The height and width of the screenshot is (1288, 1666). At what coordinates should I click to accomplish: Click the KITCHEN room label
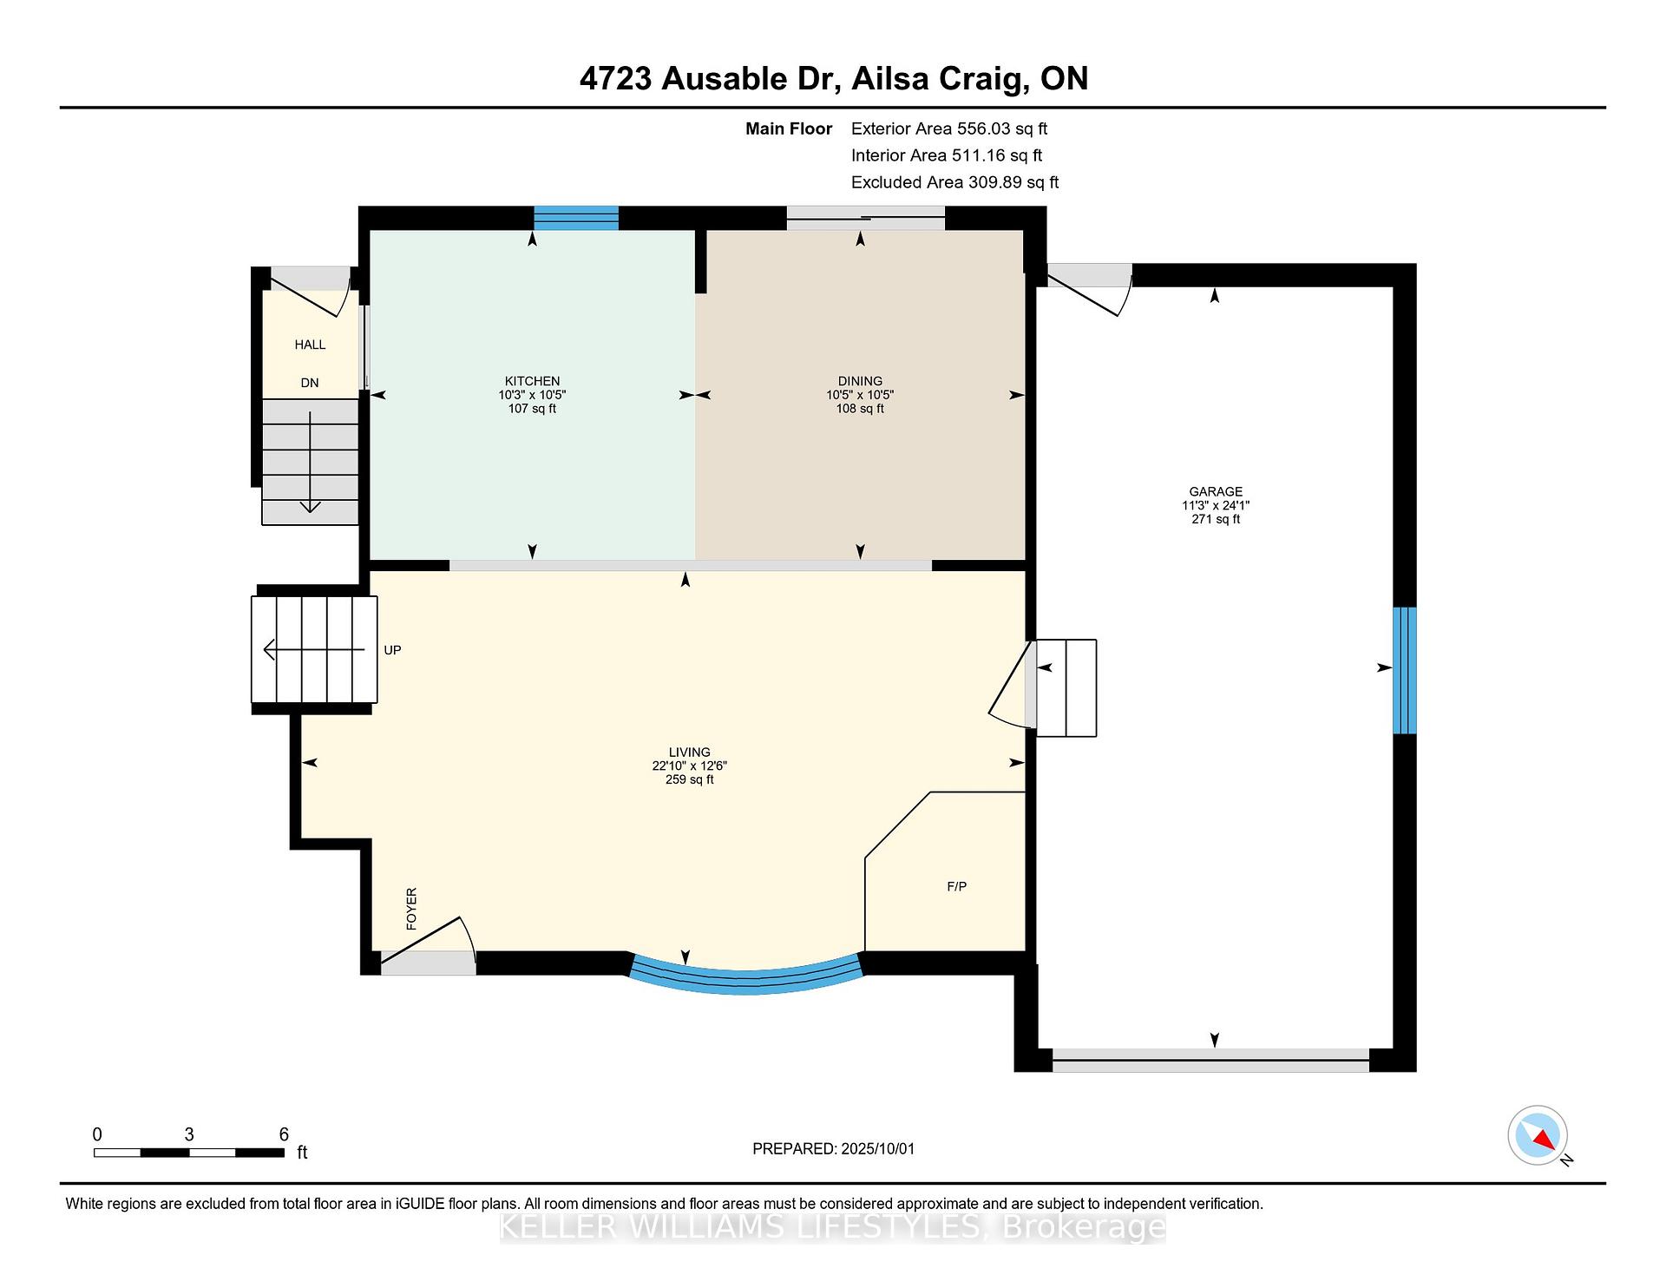click(x=532, y=381)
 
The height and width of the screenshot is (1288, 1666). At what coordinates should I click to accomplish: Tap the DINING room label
click(x=860, y=381)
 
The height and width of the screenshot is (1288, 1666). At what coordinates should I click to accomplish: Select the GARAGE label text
click(x=1216, y=491)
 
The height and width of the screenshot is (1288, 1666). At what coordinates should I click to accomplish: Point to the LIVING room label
click(x=690, y=752)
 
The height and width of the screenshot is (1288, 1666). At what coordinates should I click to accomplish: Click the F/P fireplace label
click(x=956, y=886)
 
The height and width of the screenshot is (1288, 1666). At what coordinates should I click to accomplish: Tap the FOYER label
click(x=411, y=909)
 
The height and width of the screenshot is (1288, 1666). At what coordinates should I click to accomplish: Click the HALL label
click(x=310, y=345)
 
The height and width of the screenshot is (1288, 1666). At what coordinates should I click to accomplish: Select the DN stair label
click(x=310, y=383)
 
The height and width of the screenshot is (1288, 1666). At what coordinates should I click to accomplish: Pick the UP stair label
click(x=392, y=650)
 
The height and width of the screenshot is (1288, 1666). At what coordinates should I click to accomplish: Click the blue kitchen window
click(x=576, y=218)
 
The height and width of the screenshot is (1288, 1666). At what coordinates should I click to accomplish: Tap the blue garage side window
click(x=1405, y=670)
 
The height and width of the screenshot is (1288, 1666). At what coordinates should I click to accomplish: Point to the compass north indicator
click(x=1538, y=1135)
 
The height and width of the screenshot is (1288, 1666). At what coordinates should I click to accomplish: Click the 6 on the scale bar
click(x=284, y=1134)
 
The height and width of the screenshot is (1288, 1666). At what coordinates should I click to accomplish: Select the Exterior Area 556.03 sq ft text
click(x=949, y=128)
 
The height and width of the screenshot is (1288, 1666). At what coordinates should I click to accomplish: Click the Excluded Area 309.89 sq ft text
click(x=954, y=182)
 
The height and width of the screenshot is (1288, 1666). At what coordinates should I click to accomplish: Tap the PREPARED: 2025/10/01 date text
click(x=833, y=1148)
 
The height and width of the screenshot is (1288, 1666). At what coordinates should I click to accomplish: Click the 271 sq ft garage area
click(x=1216, y=519)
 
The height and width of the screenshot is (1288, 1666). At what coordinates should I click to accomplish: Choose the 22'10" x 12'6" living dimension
click(x=690, y=766)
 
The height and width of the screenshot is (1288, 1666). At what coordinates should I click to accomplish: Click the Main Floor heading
click(x=789, y=128)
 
